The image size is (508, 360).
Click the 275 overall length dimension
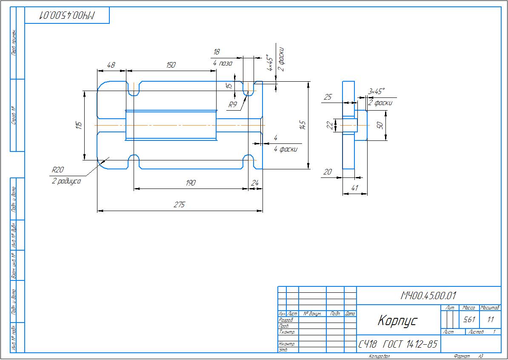tap(180, 205)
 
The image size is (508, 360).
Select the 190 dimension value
tap(191, 183)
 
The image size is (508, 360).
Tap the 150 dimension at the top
tap(171, 65)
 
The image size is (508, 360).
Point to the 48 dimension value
tap(111, 65)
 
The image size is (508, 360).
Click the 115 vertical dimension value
tap(79, 125)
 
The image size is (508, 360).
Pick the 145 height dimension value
tap(303, 125)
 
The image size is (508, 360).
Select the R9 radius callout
tap(232, 104)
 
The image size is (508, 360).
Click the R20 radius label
tap(57, 170)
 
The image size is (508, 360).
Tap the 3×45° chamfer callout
tap(376, 91)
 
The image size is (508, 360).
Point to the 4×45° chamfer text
tap(269, 63)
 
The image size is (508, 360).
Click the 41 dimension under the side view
tap(355, 188)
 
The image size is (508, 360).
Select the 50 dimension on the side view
tap(380, 125)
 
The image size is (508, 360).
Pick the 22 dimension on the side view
tap(329, 125)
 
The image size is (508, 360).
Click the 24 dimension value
tap(255, 183)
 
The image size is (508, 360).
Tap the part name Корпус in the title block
tap(398, 320)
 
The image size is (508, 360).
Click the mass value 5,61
tap(469, 320)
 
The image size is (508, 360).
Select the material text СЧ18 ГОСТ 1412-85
tap(398, 344)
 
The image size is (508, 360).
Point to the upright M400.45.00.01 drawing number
tap(428, 295)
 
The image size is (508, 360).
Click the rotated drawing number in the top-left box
tap(67, 15)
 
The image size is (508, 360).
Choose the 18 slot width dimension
tap(217, 52)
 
